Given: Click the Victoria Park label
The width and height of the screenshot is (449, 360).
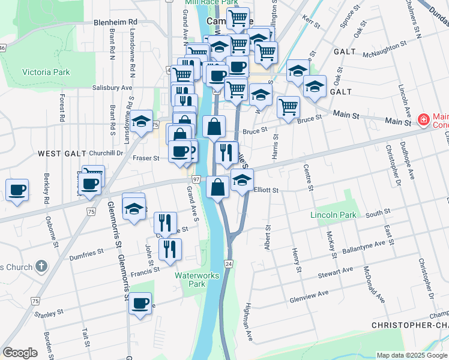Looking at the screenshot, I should point(46,73).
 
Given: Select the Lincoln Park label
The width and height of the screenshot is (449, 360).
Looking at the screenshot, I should point(333,215).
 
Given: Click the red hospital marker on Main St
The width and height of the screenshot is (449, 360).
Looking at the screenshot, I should point(423,120).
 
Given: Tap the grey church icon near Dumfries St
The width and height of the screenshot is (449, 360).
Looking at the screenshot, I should point(40,265).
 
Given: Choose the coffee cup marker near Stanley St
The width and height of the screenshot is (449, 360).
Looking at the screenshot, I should point(140,304).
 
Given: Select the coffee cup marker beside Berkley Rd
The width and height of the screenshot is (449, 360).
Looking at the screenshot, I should point(17,190).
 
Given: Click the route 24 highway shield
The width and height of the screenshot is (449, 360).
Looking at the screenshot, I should point(229,263).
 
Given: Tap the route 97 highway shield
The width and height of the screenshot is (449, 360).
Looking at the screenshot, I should point(196,179).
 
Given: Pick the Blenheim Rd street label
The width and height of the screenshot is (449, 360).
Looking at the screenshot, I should point(116,22).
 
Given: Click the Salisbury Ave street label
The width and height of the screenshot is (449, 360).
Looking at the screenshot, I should point(112,88).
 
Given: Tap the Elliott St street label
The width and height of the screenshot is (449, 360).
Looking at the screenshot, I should point(267,190).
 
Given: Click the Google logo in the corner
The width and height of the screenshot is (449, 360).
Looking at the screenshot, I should point(20,353).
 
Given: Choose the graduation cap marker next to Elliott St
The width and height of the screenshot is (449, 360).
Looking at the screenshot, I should point(242,180).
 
